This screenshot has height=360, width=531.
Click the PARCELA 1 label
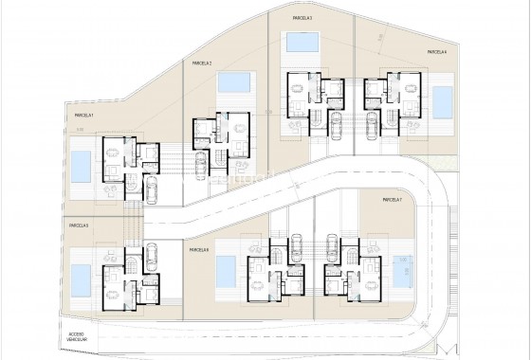click(84, 116)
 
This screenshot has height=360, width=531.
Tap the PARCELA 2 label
click(201, 63)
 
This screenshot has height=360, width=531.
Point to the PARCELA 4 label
click(436, 52)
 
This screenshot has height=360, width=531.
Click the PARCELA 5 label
click(78, 225)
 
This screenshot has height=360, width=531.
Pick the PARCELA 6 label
click(199, 249)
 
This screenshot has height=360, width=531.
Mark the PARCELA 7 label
click(394, 200)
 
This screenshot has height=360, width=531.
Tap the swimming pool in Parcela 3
click(302, 44)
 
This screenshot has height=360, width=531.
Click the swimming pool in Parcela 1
click(82, 167)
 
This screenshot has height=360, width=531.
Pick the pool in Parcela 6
click(227, 273)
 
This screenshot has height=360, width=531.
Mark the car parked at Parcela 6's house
click(296, 248)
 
